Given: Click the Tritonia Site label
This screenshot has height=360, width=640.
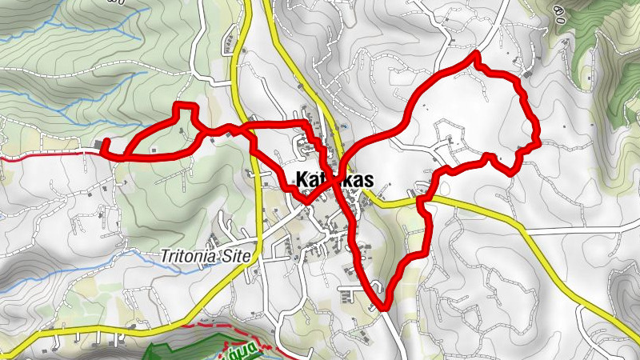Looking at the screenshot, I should click(206, 257).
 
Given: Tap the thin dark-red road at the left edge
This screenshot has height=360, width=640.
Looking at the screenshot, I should click(40, 154).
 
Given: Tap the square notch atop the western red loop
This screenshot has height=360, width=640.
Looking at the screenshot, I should click(186, 106).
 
